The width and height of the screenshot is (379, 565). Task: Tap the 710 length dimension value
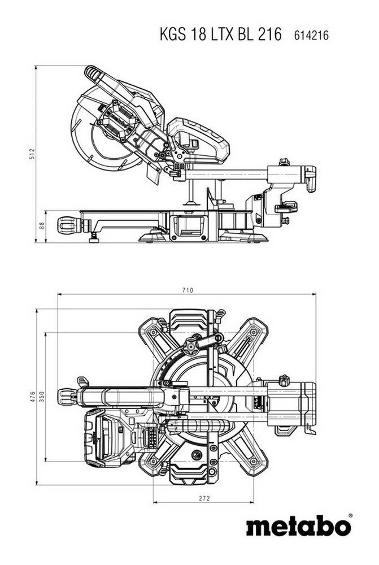click(x=188, y=290)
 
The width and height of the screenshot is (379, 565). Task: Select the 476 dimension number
click(x=32, y=396)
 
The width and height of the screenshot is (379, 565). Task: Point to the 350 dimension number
click(x=41, y=396)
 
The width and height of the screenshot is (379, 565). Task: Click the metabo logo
click(x=297, y=527)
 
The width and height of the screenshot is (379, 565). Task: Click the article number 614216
click(x=311, y=36)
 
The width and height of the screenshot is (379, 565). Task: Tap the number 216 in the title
click(x=269, y=34)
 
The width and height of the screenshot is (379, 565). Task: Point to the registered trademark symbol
click(x=350, y=515)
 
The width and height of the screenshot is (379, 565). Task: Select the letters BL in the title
click(x=245, y=34)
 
